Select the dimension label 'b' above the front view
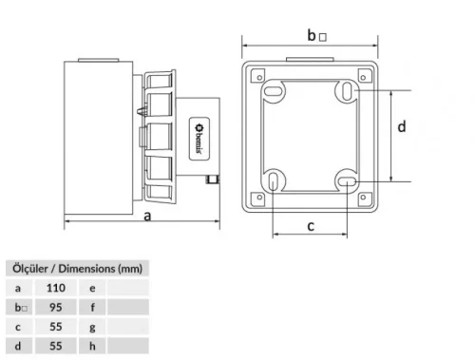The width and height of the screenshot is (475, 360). [x=312, y=35]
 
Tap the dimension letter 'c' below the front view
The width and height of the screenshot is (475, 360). [x=310, y=225]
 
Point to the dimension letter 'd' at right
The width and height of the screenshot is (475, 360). [x=402, y=126]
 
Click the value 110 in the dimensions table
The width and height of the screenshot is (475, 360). [x=56, y=287]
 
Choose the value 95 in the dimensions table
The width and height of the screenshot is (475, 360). [x=56, y=307]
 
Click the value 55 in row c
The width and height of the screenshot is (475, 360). [x=56, y=328]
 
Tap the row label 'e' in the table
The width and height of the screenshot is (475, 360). [x=92, y=287]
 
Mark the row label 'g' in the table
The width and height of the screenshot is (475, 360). [x=92, y=328]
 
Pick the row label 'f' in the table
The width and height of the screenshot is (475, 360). [x=92, y=307]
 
